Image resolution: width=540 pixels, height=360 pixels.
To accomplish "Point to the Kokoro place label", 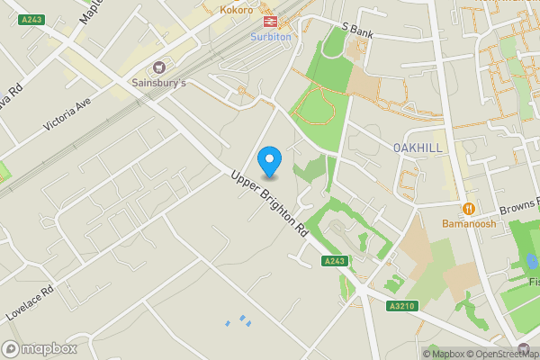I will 237,10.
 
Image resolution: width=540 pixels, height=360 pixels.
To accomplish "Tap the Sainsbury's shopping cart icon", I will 160,67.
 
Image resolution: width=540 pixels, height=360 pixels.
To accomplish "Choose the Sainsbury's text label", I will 160,83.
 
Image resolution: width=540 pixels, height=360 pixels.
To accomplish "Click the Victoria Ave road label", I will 68,115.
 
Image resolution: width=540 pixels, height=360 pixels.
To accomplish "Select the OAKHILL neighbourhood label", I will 416,147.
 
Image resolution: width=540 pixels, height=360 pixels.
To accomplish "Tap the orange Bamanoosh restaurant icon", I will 468,208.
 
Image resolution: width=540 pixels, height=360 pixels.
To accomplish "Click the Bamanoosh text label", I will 468,223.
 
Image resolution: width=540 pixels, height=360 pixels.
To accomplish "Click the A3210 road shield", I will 404,307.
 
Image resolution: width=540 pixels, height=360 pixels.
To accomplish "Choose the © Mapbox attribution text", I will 447,354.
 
